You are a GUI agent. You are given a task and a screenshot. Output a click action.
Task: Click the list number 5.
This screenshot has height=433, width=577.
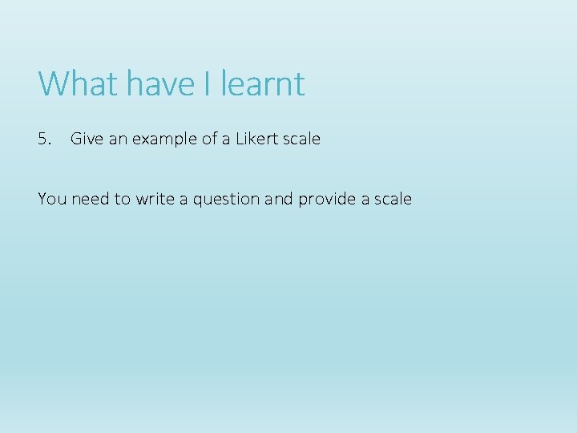point(44,139)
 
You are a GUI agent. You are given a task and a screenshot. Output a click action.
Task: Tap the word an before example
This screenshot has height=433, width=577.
point(117,139)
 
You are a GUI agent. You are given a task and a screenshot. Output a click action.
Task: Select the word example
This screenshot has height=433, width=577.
point(164,140)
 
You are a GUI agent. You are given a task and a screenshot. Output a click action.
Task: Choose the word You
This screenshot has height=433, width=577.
point(52,199)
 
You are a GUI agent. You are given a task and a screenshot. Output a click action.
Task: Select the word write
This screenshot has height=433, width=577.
point(155,199)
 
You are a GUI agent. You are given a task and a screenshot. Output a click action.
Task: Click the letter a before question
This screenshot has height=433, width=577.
point(184,200)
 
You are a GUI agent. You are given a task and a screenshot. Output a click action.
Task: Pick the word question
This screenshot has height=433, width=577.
point(226,200)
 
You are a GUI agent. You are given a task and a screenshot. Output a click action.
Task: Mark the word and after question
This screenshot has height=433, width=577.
point(278,199)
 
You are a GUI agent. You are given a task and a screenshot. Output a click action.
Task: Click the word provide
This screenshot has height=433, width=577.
point(327,200)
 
